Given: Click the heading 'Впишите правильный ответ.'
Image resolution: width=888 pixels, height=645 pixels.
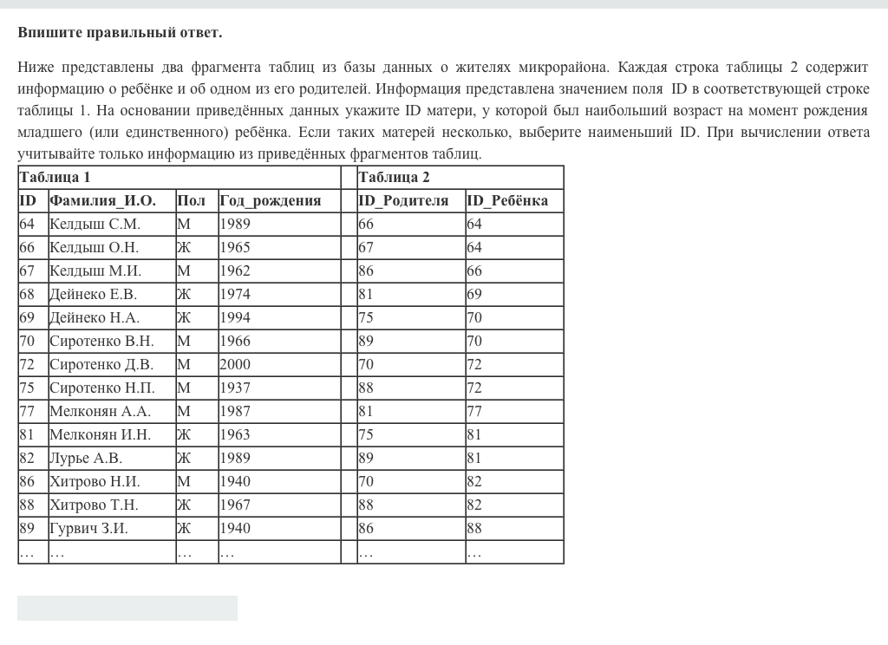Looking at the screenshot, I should pos(120,33).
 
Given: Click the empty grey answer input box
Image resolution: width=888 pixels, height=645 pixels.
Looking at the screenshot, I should pos(127,608).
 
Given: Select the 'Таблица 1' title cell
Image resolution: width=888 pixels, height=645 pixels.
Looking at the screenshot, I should pos(55,177).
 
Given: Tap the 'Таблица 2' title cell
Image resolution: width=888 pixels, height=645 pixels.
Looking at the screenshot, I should pos(395,177).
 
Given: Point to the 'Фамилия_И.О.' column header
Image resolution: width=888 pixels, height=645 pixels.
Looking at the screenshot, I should pos(102,200).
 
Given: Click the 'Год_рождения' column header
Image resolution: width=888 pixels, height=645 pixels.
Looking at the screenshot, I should pos(271,200).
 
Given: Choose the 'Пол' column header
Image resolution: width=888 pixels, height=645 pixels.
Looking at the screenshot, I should pos(192,200).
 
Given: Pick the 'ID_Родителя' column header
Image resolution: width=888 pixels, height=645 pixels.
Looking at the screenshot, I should pos(403,200).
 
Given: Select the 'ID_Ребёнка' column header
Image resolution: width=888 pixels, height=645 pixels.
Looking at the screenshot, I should pos(507,200).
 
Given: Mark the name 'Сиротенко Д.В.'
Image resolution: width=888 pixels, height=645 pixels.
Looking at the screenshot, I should pos(101,364).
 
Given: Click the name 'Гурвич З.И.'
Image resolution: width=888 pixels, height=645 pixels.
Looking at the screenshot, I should pos(88,528).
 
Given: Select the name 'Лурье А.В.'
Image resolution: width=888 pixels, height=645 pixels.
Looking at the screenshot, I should pos(85,458).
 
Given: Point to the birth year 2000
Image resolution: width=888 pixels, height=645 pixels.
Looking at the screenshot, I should pos(235,364).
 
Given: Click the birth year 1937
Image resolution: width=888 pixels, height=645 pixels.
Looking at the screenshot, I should pos(235,388).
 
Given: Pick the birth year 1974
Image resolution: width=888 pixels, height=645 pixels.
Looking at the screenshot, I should pos(235,294).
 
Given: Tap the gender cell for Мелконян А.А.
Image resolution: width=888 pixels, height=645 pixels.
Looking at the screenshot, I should pos(184,411).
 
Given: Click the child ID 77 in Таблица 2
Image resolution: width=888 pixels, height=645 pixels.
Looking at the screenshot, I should pos(474,411).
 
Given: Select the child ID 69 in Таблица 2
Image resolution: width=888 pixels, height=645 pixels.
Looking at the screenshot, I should pos(474,294).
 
